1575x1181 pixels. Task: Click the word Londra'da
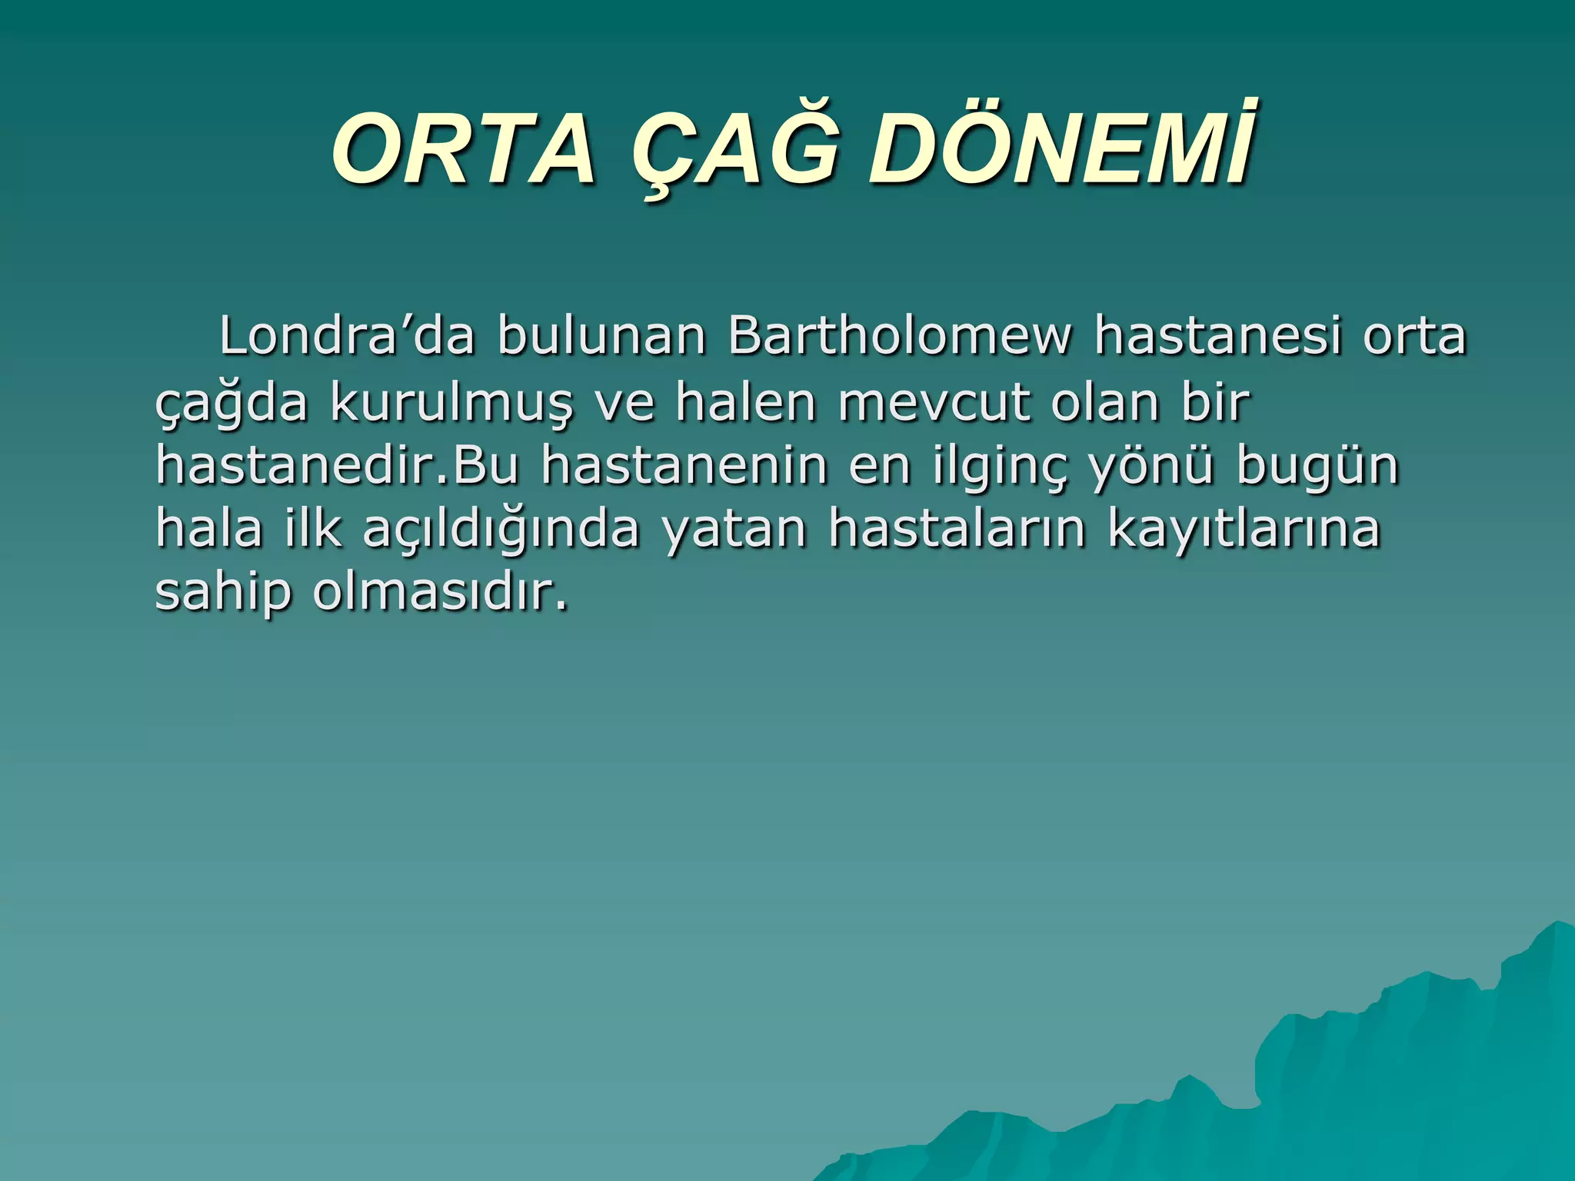[x=347, y=336]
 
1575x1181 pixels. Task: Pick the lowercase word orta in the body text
[x=1414, y=336]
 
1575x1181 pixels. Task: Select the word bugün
[x=1317, y=466]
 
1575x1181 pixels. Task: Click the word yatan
[x=734, y=529]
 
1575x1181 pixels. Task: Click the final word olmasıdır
[x=441, y=592]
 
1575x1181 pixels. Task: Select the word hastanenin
[x=684, y=466]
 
